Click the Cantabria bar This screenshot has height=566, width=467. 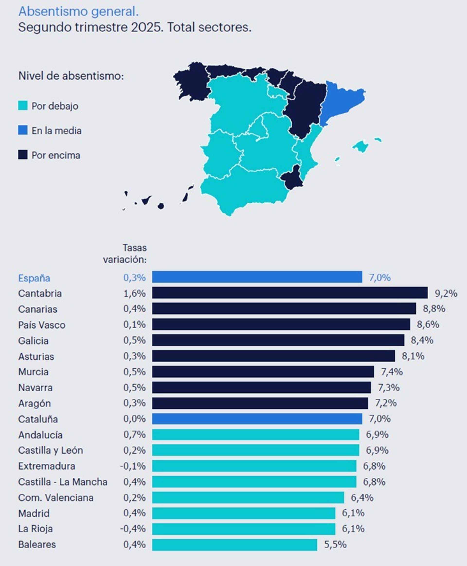tap(289, 293)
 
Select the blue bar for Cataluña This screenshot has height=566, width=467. tap(257, 419)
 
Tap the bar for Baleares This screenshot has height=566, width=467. tap(234, 545)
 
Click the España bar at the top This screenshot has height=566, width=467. tap(257, 277)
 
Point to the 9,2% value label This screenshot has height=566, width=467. tap(446, 293)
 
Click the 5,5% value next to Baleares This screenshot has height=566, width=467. tap(335, 545)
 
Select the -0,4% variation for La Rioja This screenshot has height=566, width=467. tap(133, 529)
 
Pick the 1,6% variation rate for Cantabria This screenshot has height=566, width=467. tap(134, 293)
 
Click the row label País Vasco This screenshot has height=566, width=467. tap(42, 325)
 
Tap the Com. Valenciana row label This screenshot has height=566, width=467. tap(56, 498)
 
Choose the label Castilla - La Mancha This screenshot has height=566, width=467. tap(63, 482)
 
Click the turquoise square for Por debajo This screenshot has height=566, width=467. tap(23, 106)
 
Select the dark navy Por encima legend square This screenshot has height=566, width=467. tap(23, 155)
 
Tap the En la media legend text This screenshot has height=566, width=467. tap(56, 131)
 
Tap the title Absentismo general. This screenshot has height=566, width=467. tap(78, 12)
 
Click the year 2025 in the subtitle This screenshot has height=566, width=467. tap(147, 27)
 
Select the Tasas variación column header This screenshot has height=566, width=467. tap(125, 253)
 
